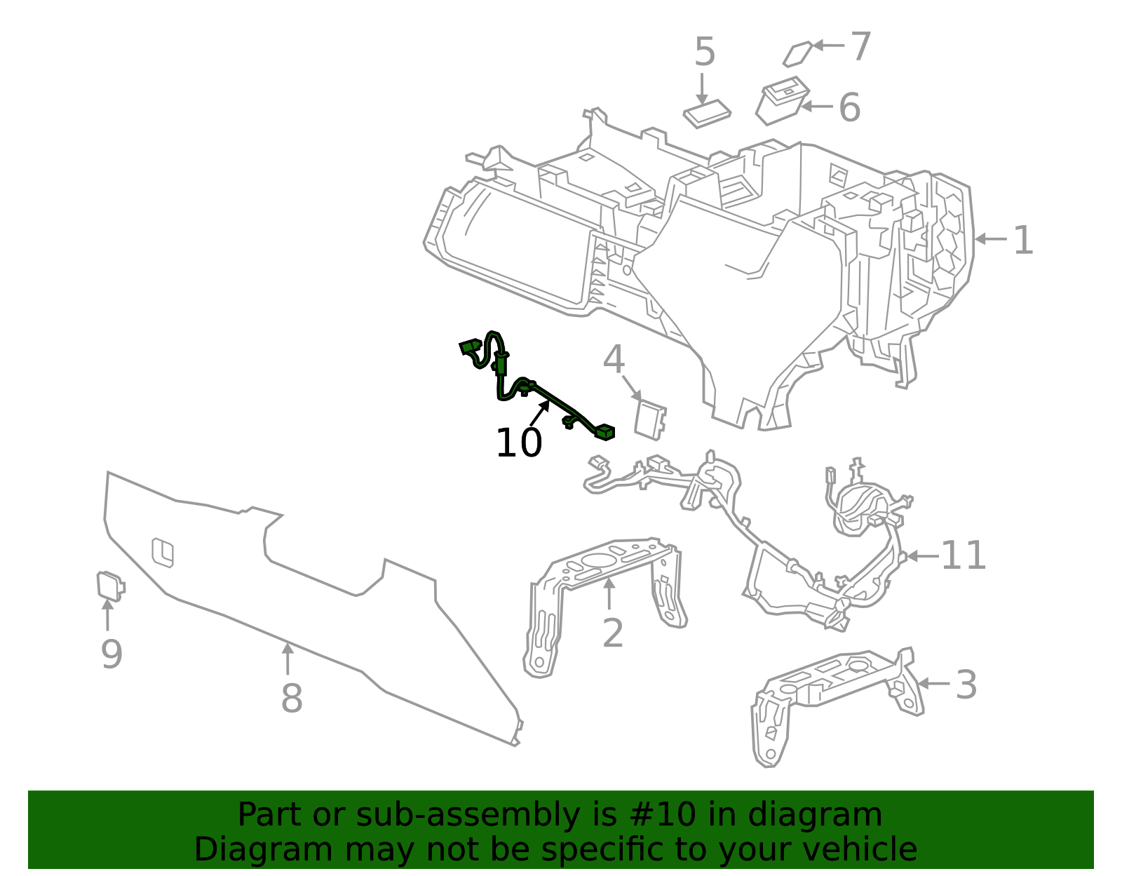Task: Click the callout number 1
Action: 1023,240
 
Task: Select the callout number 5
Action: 705,52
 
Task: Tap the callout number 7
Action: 860,46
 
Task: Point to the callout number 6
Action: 850,107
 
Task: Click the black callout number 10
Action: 519,443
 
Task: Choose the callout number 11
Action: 964,555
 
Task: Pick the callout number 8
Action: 292,698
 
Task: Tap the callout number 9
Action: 111,654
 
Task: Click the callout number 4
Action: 614,359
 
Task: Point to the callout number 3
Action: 966,685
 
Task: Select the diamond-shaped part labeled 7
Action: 797,54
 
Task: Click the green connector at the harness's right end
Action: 604,432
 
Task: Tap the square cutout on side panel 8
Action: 163,553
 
